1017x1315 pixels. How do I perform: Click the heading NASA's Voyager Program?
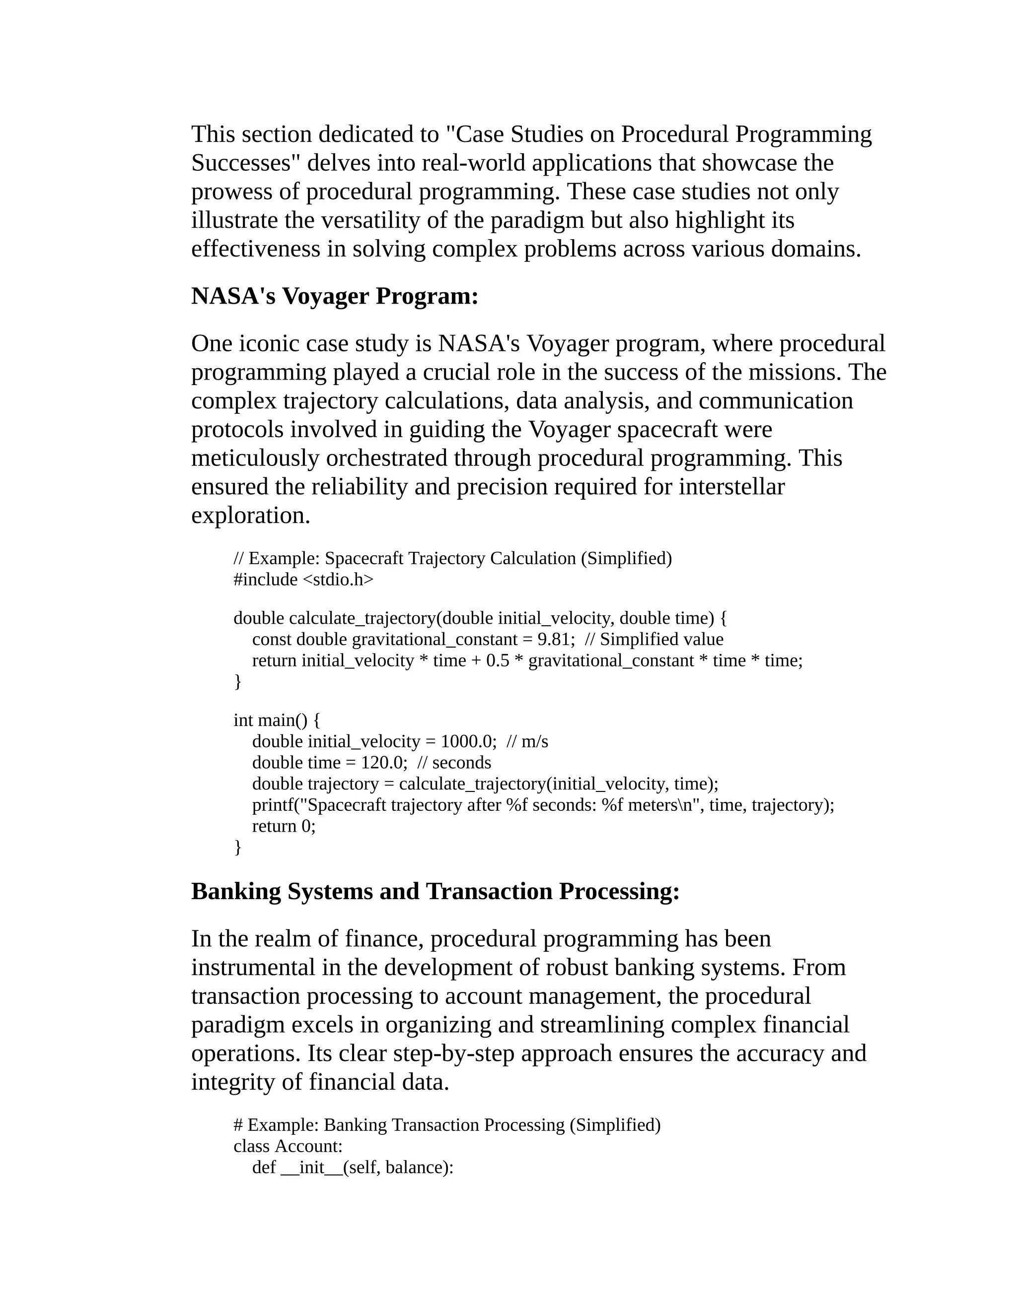point(334,296)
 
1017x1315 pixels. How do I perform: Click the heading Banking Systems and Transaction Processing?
point(435,891)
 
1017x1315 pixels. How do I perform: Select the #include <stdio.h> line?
point(303,579)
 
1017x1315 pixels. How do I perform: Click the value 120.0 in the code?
point(381,762)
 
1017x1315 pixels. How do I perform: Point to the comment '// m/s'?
point(527,741)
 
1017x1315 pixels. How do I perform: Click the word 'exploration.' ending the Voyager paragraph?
point(251,516)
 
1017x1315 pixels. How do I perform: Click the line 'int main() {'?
point(277,720)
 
